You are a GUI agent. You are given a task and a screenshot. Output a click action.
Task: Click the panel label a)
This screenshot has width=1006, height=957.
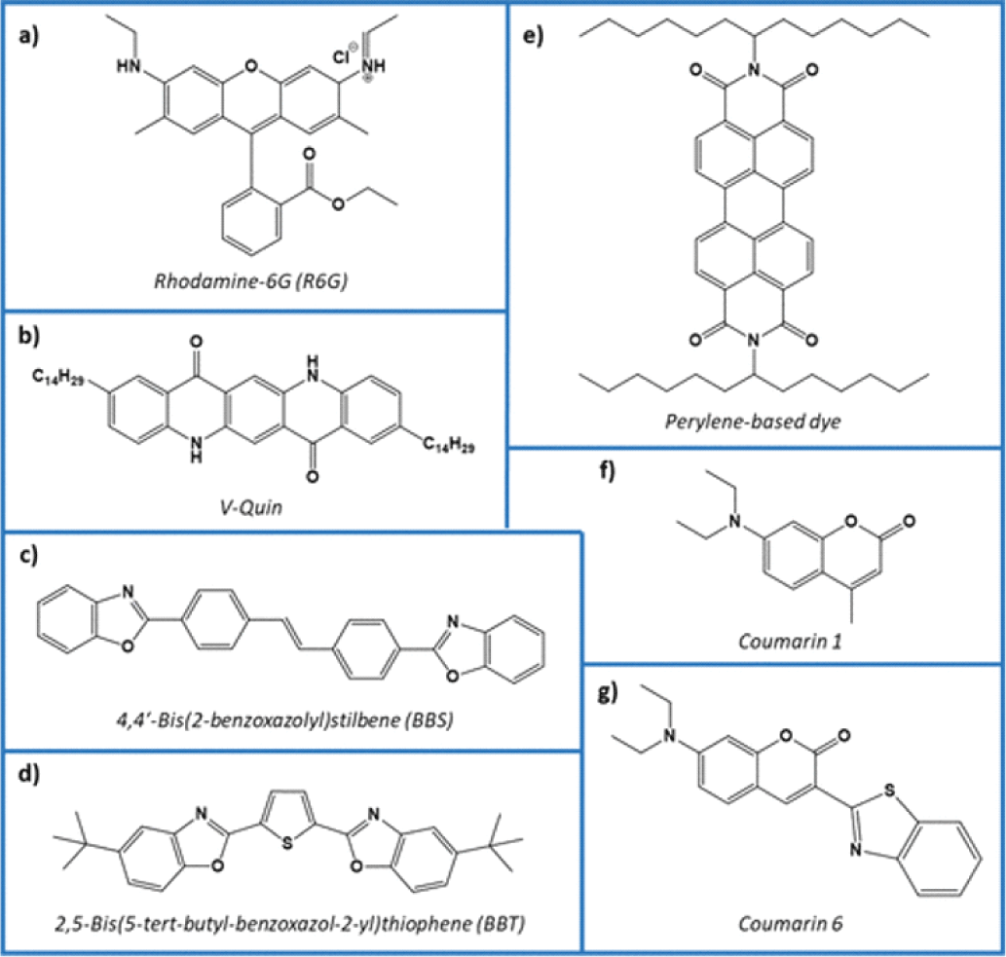28,37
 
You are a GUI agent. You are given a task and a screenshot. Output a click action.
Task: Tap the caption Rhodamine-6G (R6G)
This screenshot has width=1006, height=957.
251,281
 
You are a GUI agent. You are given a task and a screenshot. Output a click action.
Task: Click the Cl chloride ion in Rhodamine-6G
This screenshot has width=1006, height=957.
341,57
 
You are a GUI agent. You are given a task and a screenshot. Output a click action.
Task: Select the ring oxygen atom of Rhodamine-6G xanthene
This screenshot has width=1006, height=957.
251,65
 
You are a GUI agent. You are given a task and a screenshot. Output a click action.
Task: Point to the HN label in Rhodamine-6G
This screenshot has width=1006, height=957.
129,66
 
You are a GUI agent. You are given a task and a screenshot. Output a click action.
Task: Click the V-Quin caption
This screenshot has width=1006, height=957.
251,507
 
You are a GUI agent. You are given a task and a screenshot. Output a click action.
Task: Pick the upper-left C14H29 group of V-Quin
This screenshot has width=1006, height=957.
58,377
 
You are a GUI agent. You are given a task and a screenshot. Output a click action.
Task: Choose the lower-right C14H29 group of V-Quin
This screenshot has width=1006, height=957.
449,444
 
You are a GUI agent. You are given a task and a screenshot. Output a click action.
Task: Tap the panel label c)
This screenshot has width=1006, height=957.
28,555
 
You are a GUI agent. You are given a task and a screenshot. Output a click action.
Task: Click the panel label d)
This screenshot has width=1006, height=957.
29,774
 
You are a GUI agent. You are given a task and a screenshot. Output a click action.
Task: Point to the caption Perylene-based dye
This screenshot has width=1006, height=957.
753,422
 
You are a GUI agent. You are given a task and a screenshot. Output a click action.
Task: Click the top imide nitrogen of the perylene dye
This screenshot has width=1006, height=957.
753,69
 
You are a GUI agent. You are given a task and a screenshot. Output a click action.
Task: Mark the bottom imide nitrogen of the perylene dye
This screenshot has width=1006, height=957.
753,340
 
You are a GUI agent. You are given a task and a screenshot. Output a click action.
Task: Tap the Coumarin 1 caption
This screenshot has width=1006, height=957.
790,641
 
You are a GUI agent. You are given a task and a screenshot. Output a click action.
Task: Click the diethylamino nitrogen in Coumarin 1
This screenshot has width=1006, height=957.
734,522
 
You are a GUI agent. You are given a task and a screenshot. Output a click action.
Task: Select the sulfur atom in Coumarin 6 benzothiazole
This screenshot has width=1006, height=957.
889,791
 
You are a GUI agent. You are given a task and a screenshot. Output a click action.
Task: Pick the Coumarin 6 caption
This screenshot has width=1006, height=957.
791,923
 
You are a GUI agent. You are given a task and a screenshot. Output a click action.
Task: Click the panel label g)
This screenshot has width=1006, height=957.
608,693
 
